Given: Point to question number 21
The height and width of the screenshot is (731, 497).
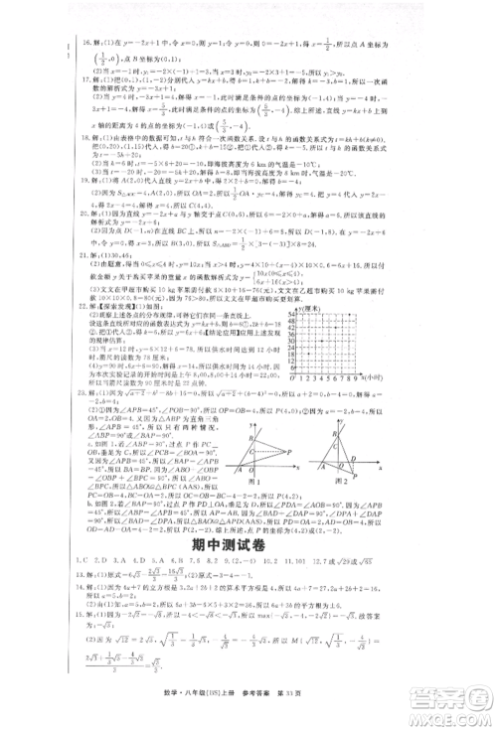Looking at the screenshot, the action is (x=63, y=283).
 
